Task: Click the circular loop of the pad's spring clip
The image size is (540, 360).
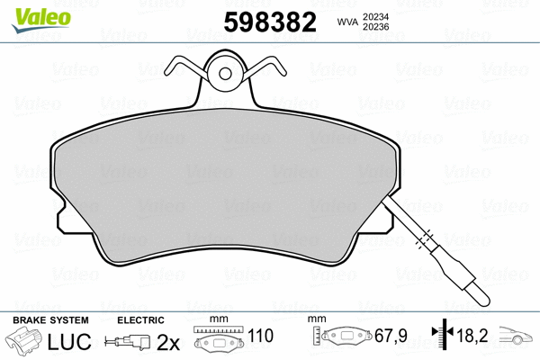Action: [x=224, y=73]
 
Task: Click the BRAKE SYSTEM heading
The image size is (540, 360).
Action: [x=49, y=320]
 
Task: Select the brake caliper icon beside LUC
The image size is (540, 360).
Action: [x=28, y=342]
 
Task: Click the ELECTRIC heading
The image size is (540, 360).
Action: [x=141, y=320]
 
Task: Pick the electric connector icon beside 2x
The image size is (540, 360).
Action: [x=129, y=343]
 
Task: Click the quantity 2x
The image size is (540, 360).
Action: [x=169, y=342]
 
